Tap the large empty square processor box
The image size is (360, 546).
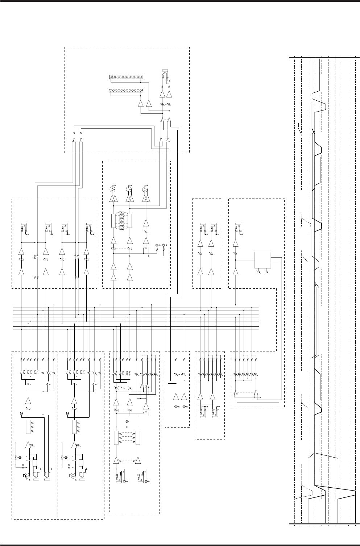pos(263,260)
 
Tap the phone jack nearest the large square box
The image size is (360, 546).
pos(238,228)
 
